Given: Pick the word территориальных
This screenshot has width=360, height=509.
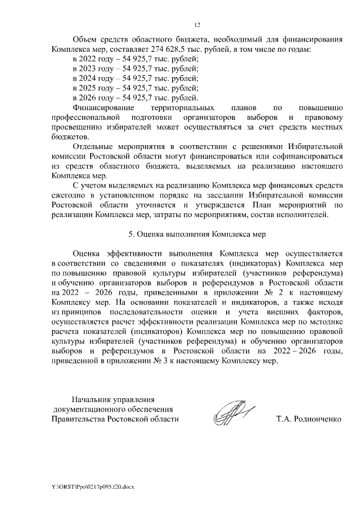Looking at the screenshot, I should coord(183,107).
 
